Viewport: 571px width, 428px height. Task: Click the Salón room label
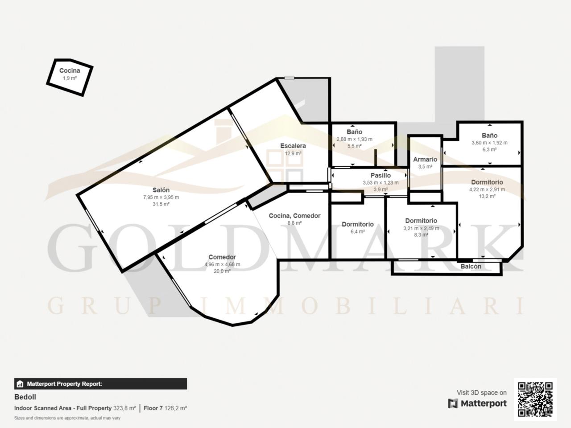tap(161, 190)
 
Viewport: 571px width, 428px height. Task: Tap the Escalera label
tap(293, 146)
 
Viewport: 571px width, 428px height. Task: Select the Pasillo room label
tap(381, 175)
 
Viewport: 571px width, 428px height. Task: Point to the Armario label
tap(425, 159)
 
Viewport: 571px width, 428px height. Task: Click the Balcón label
tap(471, 266)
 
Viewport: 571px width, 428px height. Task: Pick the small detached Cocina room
tap(70, 78)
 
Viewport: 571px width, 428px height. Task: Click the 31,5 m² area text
tap(161, 204)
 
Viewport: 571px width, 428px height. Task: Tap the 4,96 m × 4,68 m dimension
tap(222, 264)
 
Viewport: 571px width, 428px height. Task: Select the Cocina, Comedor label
tap(294, 216)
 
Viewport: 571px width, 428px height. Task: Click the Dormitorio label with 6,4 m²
tap(358, 224)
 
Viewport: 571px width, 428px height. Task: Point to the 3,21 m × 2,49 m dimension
tap(421, 228)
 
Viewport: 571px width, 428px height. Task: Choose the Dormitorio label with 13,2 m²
tap(487, 182)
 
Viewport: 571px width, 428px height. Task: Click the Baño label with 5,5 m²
tap(354, 132)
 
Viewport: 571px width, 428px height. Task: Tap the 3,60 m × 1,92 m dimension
tap(489, 143)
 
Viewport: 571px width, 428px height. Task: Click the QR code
tap(535, 399)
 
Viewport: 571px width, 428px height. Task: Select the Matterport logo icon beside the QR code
tap(453, 403)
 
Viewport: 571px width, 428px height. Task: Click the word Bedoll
tap(25, 397)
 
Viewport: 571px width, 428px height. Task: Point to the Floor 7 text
tap(153, 408)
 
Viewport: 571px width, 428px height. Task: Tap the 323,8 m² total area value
tap(124, 408)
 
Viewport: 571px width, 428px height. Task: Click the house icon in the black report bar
tap(20, 384)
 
